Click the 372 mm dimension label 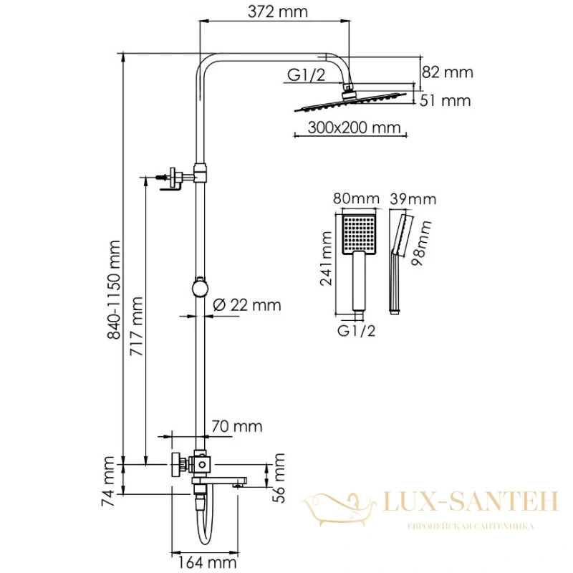tap(277, 11)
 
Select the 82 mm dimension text tap(447, 72)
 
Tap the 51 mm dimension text tap(445, 100)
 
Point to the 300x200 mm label tap(354, 127)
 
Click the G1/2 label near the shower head tap(306, 75)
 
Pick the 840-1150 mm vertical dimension tap(114, 290)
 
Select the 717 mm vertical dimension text tap(136, 327)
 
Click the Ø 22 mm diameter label tap(247, 305)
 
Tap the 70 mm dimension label tap(237, 426)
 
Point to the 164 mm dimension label tap(207, 562)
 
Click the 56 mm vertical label tap(279, 478)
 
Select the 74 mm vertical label tap(108, 481)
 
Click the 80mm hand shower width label tap(356, 199)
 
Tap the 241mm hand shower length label tap(326, 258)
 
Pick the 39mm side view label tap(413, 199)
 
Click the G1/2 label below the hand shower tap(356, 331)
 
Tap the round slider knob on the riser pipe tap(200, 288)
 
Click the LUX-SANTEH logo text tap(471, 501)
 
